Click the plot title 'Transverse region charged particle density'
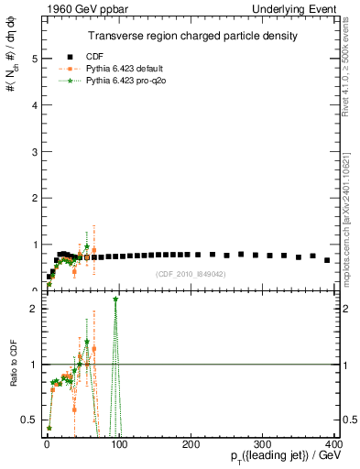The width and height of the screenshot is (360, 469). click(x=192, y=36)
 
